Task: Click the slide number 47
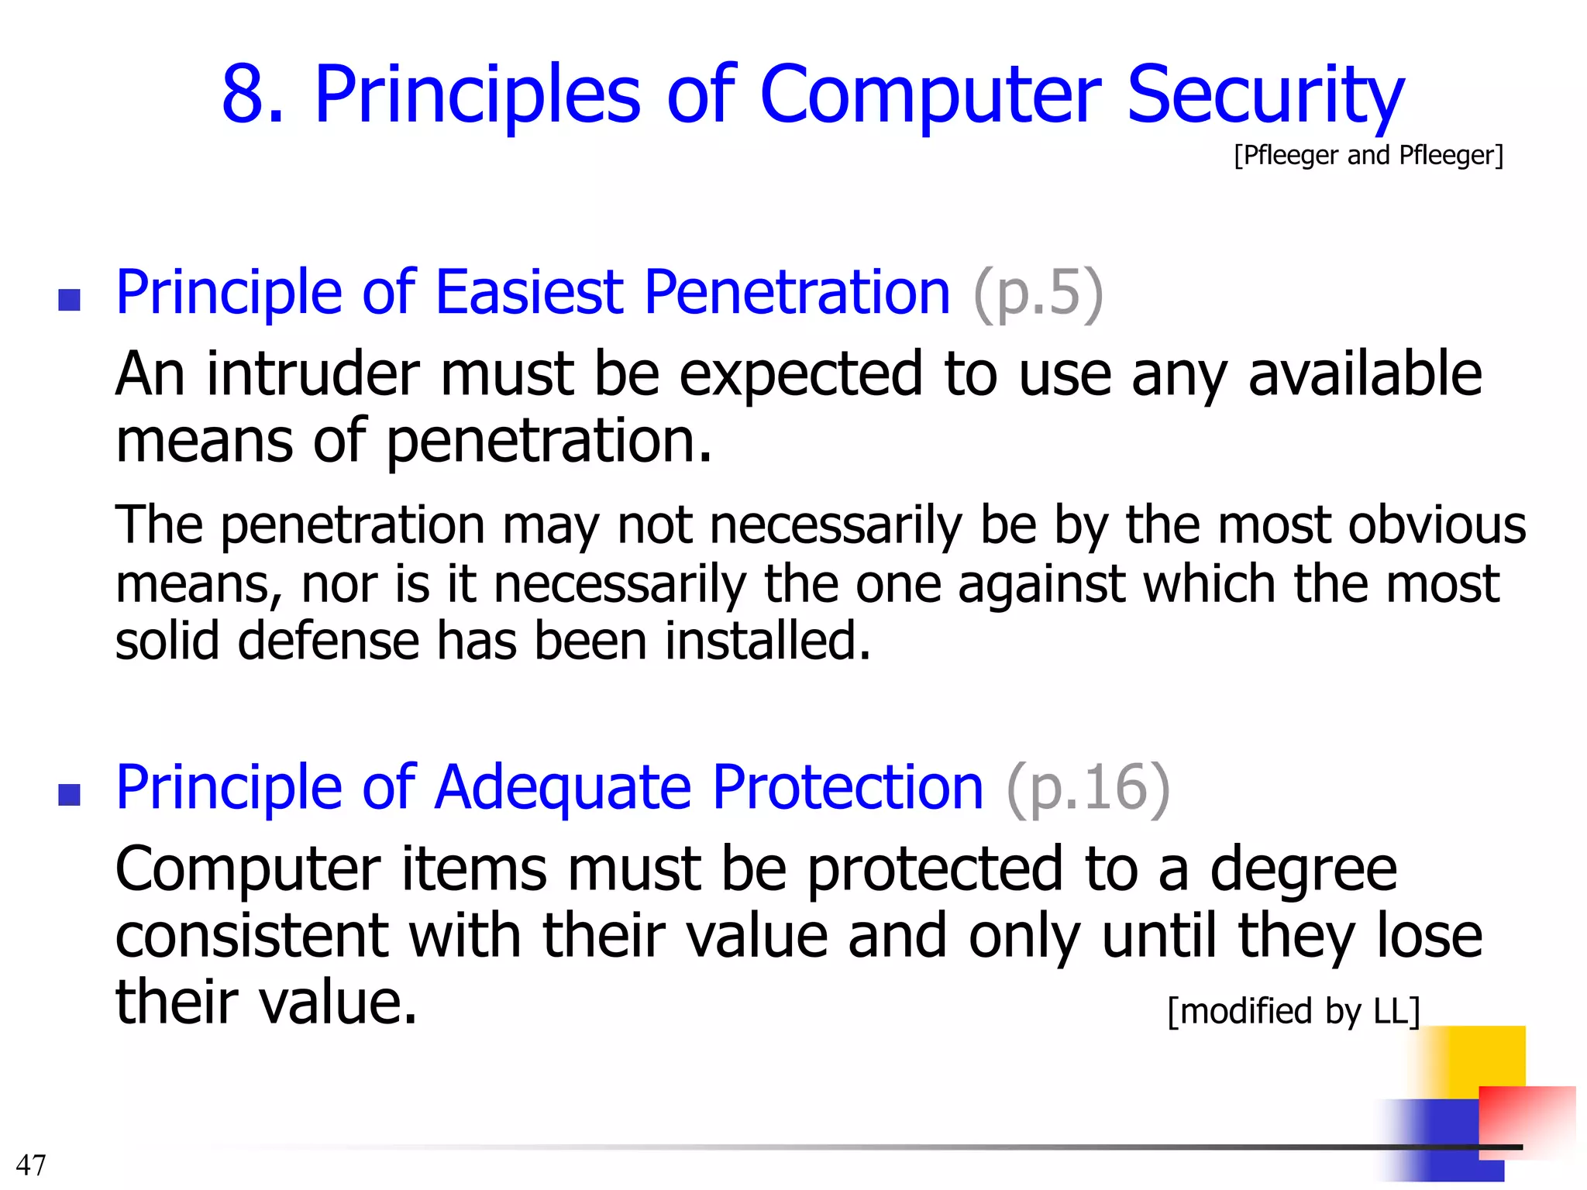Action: click(31, 1164)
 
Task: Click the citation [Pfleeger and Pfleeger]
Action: click(1368, 155)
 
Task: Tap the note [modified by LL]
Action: click(1293, 1011)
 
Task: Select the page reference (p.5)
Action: click(1038, 292)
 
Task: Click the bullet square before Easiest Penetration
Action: click(70, 300)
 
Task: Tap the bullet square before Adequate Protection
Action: click(70, 795)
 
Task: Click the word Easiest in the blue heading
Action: click(529, 292)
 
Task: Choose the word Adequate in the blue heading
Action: click(563, 789)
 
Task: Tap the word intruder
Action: click(313, 374)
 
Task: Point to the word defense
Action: click(328, 641)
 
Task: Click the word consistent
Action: click(251, 936)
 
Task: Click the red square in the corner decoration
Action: click(1527, 1116)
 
